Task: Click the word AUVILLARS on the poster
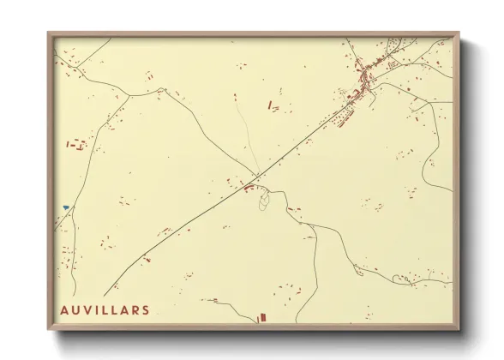click(x=105, y=309)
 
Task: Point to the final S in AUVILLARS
click(x=147, y=309)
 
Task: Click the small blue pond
click(x=65, y=207)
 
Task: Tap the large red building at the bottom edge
click(x=263, y=318)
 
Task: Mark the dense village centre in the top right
click(x=367, y=79)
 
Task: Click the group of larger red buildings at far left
click(x=77, y=144)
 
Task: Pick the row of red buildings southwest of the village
click(x=343, y=116)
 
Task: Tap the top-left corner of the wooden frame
click(x=49, y=33)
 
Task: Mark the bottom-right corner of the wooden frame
click(x=460, y=332)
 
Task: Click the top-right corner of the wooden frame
click(x=460, y=33)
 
